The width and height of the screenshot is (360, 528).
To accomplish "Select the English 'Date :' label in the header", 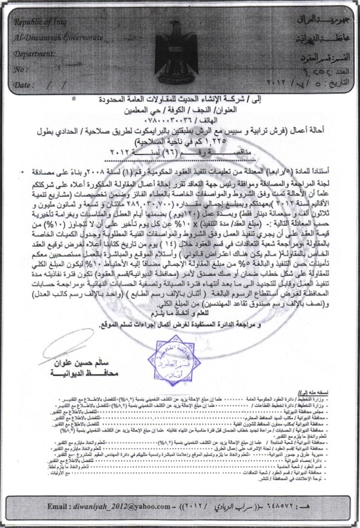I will pyautogui.click(x=23, y=85).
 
